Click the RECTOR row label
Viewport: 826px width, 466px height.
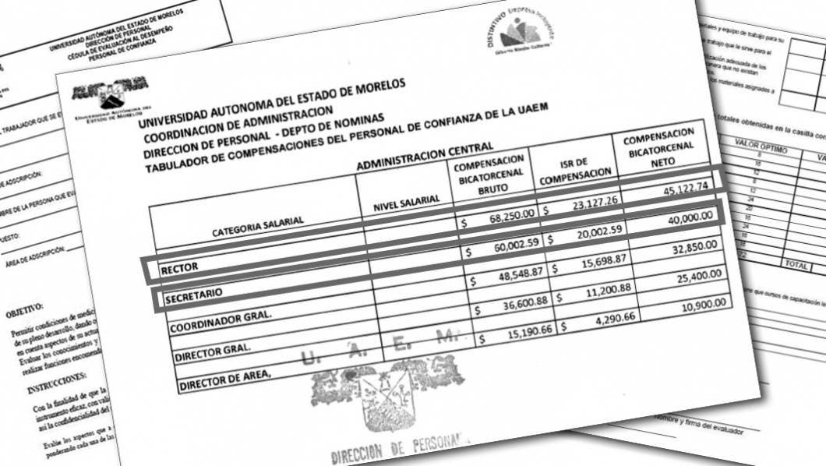[178, 268]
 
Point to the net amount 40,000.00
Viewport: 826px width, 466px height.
[687, 217]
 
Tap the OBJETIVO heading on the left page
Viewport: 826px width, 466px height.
[25, 312]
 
